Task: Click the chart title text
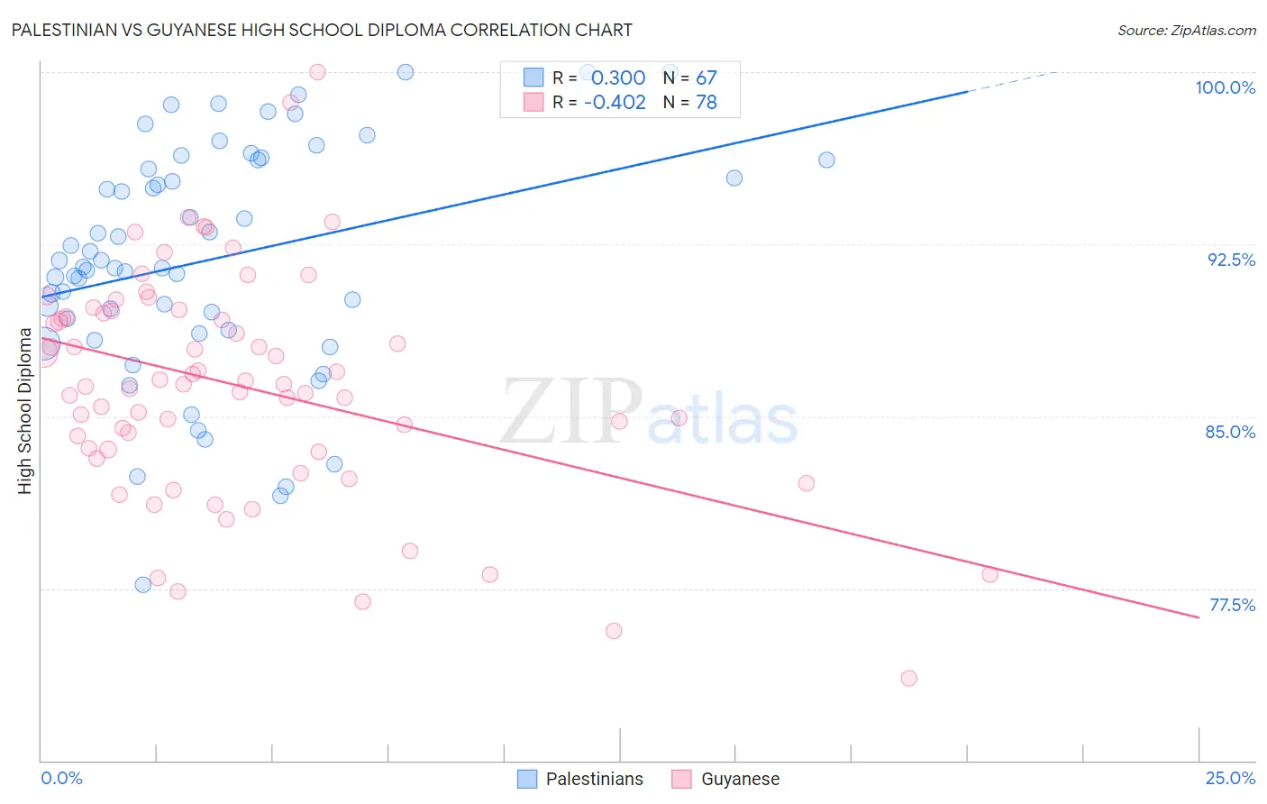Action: [x=322, y=30]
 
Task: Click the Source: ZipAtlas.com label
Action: [x=1186, y=30]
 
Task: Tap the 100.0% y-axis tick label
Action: [x=1225, y=87]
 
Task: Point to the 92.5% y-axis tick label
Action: [x=1231, y=260]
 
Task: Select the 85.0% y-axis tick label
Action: [x=1230, y=432]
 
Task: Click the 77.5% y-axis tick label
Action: [x=1232, y=605]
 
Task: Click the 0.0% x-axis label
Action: [x=61, y=778]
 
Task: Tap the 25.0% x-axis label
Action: [x=1230, y=778]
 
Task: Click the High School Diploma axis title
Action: [x=25, y=411]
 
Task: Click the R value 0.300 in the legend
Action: [x=618, y=78]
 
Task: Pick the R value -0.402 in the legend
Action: [x=615, y=103]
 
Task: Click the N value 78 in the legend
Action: [x=706, y=103]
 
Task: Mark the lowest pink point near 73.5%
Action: [x=908, y=678]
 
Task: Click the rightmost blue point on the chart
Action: [x=826, y=160]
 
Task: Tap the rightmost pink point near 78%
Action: [x=989, y=574]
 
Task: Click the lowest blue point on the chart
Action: [x=142, y=585]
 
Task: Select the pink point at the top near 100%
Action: [x=317, y=72]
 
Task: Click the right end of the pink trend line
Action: [x=1199, y=617]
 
